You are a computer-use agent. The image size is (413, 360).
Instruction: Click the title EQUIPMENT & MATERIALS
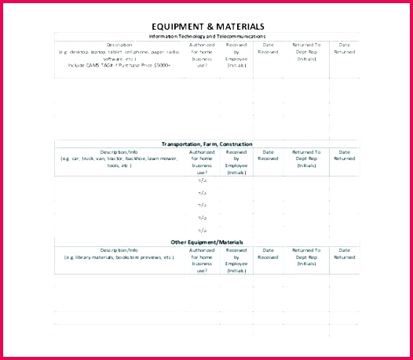point(206,27)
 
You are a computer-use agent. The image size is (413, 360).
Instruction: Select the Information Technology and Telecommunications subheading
point(206,36)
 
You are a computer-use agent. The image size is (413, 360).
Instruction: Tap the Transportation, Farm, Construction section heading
point(206,144)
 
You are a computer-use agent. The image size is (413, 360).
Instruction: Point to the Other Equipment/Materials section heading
point(206,242)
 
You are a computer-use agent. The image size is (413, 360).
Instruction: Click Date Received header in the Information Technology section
point(268,48)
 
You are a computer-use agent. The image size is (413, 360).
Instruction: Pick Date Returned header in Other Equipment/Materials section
point(344,253)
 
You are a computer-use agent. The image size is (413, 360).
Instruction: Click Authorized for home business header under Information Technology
point(202,56)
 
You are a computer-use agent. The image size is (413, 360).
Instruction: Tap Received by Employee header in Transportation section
point(236,162)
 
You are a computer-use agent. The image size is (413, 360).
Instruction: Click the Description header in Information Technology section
point(119,45)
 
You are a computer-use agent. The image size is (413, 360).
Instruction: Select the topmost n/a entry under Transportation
point(202,180)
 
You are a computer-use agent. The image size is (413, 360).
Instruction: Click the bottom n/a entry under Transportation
point(202,230)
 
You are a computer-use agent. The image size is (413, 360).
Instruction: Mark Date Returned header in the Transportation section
point(344,155)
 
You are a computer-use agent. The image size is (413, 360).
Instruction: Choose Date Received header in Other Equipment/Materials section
point(268,253)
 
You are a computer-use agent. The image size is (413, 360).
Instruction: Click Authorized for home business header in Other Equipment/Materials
point(202,260)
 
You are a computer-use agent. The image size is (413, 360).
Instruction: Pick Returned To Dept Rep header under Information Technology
point(306,52)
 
